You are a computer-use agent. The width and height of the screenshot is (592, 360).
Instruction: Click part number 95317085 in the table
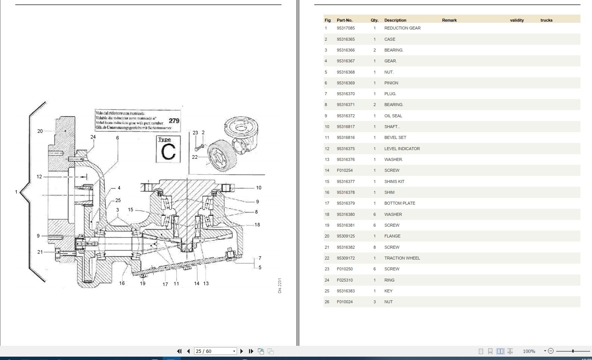point(346,28)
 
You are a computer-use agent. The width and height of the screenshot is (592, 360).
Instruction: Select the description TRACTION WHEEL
point(402,258)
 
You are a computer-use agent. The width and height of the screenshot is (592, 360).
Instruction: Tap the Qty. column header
point(374,20)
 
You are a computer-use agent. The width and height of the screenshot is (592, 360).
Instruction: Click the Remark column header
point(449,20)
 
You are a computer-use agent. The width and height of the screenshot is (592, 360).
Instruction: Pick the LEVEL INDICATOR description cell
point(402,149)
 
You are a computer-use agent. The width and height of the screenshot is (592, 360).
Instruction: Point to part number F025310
point(345,280)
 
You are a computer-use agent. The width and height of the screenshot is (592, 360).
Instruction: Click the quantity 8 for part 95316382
point(374,247)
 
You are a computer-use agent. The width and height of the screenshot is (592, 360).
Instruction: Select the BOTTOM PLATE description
point(399,203)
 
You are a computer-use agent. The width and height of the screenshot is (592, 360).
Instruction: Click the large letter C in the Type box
point(168,152)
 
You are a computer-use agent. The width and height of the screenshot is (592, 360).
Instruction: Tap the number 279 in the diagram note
point(174,121)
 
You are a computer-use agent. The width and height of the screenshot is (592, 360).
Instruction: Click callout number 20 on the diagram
point(40,131)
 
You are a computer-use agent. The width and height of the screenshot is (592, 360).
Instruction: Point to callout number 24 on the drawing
point(93,137)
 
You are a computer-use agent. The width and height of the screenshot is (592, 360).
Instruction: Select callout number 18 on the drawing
point(257,225)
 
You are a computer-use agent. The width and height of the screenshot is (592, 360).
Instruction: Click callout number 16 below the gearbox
point(122,283)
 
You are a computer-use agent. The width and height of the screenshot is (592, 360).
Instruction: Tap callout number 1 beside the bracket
point(16,192)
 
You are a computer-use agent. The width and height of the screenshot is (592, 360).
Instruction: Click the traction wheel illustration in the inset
point(222,156)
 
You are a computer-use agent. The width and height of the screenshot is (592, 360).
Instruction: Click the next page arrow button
point(242,351)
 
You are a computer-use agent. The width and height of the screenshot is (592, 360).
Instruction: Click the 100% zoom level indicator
point(529,351)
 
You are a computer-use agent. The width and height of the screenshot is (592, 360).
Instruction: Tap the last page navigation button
point(251,351)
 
